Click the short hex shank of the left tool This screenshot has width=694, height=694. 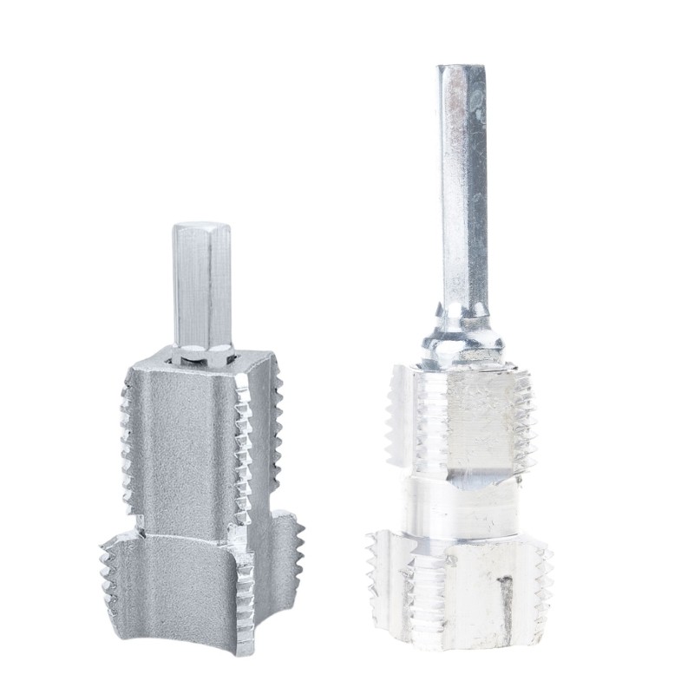201,286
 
